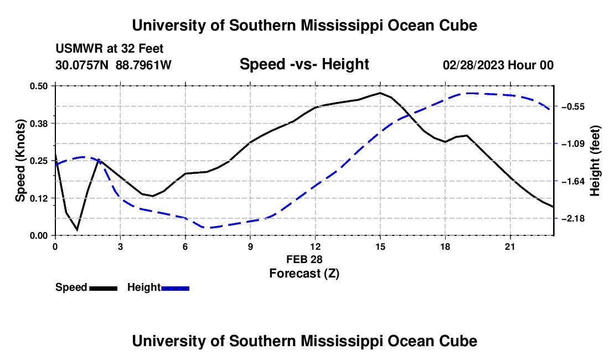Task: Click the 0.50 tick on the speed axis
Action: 38,86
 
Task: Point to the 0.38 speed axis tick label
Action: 38,124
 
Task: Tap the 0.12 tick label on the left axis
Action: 38,198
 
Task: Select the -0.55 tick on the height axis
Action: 573,107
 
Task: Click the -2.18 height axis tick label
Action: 573,219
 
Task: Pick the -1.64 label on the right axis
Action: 573,182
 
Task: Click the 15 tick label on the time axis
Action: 380,246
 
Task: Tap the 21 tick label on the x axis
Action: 510,246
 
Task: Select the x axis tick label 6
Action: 185,246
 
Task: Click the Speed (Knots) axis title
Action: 20,161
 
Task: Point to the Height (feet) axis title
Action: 595,161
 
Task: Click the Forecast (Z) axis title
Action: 304,274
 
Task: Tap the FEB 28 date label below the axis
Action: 304,259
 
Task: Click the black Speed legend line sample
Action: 104,288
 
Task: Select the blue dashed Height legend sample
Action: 175,288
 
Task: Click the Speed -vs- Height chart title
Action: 304,64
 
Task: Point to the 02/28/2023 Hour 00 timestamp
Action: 498,65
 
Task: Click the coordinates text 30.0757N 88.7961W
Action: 113,65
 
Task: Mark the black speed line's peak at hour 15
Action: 380,93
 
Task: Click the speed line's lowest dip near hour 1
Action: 78,230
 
